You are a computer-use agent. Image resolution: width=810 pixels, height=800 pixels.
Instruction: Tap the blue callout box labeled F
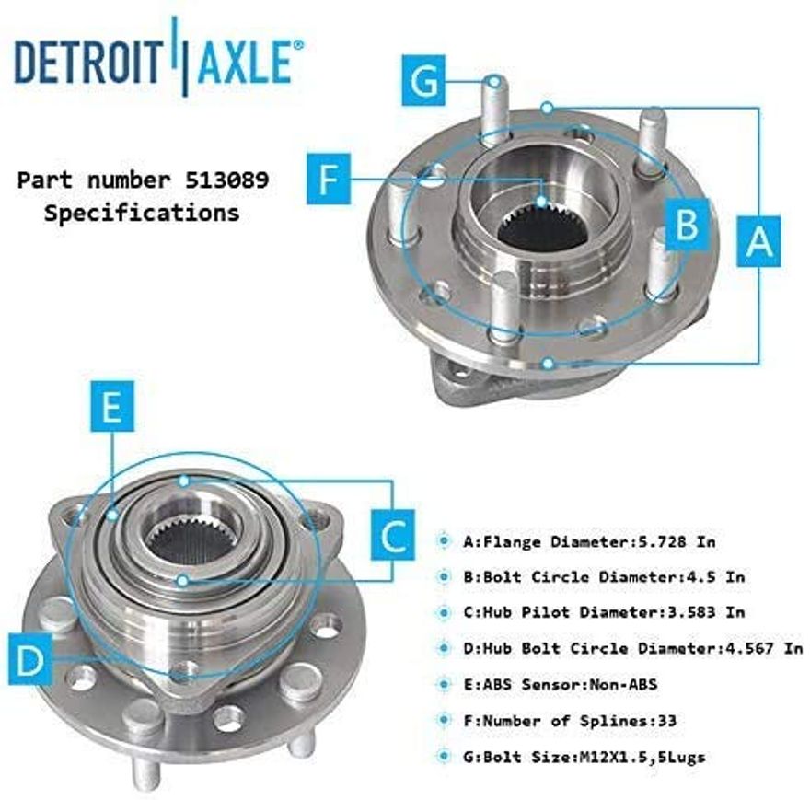tap(329, 180)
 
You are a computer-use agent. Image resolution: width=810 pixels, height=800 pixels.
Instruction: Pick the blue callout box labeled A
tap(758, 242)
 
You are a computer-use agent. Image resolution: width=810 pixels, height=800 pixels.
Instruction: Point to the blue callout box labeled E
tap(112, 407)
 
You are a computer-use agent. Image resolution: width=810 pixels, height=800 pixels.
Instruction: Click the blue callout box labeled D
tap(29, 659)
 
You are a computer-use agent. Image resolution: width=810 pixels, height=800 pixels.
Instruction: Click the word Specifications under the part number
tap(143, 213)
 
